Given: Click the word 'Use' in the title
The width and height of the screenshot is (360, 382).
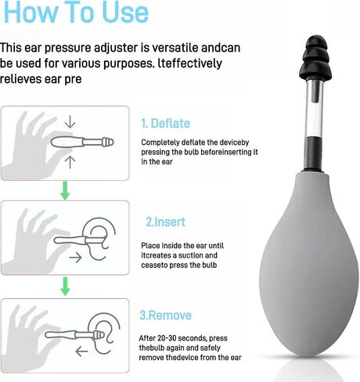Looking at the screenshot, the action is click(125, 12).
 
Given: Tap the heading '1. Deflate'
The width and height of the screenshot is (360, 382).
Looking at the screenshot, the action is click(165, 124).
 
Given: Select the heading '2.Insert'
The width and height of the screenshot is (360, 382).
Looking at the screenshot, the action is click(165, 222).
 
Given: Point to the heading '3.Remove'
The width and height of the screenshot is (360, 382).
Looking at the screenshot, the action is click(165, 315).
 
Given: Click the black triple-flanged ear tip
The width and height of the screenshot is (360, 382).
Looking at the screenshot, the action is click(315, 59).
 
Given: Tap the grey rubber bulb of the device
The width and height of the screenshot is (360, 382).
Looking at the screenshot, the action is click(309, 264).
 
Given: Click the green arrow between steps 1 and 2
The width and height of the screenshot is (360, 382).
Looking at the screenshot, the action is click(65, 191).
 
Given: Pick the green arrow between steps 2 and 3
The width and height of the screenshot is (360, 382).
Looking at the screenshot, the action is click(65, 286).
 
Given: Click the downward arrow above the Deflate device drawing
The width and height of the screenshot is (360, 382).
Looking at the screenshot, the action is click(70, 122).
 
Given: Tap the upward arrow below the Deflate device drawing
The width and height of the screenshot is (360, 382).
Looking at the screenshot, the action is click(70, 162).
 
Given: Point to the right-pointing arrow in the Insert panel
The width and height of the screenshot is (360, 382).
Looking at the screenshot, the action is click(75, 258).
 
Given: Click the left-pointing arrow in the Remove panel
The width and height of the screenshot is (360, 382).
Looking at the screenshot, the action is click(81, 351).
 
